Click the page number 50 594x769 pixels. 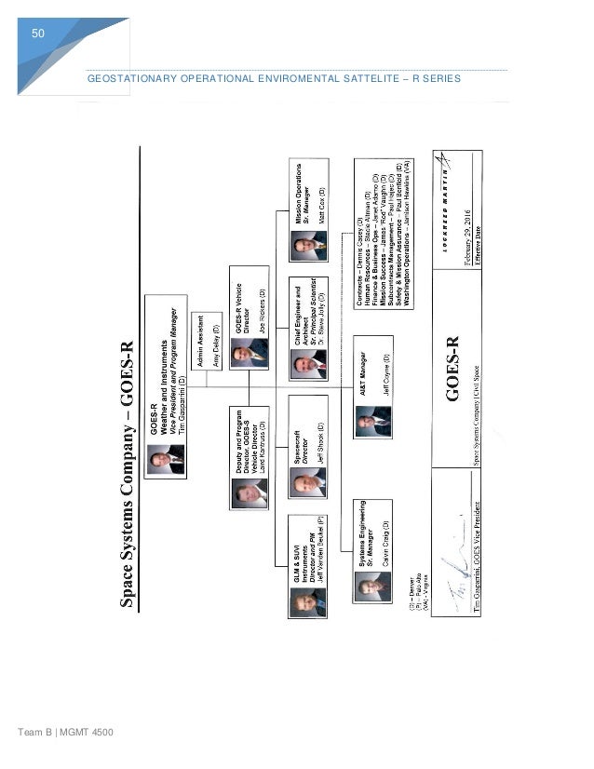pos(38,34)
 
